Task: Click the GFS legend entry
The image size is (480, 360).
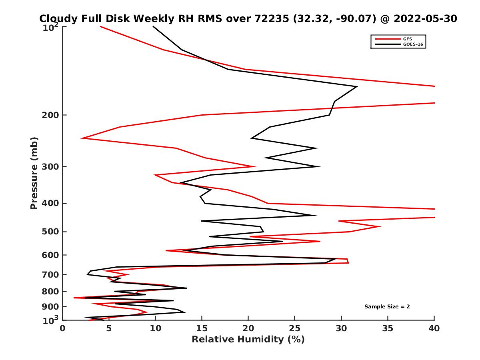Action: click(408, 39)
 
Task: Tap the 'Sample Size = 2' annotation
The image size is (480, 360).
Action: click(387, 307)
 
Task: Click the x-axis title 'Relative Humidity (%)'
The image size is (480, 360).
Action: click(248, 340)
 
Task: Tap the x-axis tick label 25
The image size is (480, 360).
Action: click(295, 329)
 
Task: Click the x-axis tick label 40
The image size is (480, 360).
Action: click(434, 329)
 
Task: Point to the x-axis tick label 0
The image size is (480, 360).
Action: click(63, 329)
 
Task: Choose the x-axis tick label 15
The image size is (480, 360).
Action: click(202, 329)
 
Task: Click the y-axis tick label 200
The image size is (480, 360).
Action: click(50, 115)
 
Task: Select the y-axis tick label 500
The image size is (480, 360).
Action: click(50, 232)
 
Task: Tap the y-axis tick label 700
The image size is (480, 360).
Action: click(50, 275)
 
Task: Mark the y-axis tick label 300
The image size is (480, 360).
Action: click(50, 167)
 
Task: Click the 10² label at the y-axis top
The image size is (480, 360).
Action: click(51, 28)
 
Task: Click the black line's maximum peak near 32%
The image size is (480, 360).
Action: click(357, 86)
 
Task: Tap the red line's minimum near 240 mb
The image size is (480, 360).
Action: click(82, 138)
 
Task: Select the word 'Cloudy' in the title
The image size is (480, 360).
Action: click(58, 19)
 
